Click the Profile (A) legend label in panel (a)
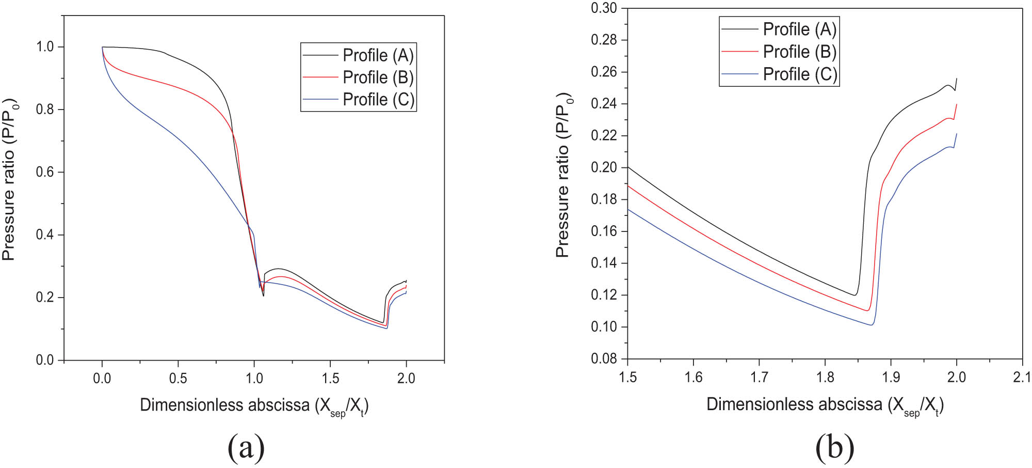(x=378, y=55)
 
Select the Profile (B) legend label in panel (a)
(x=378, y=77)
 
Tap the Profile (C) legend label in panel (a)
(x=378, y=99)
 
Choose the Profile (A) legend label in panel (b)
(x=799, y=29)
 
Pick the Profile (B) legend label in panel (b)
(x=799, y=52)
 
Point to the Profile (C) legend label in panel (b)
(x=799, y=74)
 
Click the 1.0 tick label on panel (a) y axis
(x=45, y=47)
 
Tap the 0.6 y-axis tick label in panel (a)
(x=45, y=172)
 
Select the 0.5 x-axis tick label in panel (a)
(x=178, y=378)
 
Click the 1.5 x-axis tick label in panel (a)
(x=330, y=378)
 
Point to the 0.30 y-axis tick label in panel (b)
(x=604, y=8)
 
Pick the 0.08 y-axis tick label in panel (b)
(x=604, y=358)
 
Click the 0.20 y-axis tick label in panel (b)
(x=604, y=167)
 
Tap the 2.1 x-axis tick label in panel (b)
(x=1022, y=377)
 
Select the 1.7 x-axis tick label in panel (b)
(x=759, y=377)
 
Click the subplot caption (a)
(x=246, y=447)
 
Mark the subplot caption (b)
(x=834, y=447)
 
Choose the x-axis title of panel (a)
(x=254, y=405)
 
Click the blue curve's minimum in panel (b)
(x=872, y=325)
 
